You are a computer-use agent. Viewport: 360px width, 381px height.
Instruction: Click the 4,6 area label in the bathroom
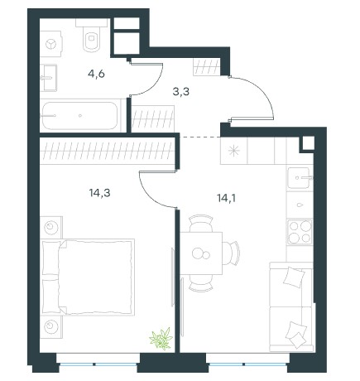click(x=96, y=75)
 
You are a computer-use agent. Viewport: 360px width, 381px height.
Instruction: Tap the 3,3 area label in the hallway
click(x=181, y=91)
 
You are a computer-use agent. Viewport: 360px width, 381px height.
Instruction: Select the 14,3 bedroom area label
click(x=99, y=193)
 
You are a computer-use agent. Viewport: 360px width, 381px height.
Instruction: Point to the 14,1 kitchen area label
click(x=226, y=198)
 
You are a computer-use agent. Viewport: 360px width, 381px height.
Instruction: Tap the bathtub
click(x=79, y=116)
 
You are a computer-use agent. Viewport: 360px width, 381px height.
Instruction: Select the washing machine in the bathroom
click(x=50, y=44)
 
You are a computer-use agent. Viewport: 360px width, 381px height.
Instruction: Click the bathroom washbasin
click(x=49, y=78)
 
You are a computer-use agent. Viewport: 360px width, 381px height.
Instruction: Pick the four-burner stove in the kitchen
click(x=300, y=232)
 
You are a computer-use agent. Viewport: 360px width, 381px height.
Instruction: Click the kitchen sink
click(x=299, y=178)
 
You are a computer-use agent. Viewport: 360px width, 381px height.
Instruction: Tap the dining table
click(x=201, y=253)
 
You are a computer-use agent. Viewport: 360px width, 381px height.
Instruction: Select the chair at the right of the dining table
click(x=231, y=253)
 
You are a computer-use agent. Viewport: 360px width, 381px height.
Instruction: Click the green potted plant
click(x=161, y=339)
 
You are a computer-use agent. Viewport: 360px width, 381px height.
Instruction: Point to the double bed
click(x=88, y=277)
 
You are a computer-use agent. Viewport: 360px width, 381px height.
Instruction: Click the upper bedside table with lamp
click(x=51, y=228)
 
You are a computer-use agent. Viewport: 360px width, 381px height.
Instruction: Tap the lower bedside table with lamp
click(x=51, y=327)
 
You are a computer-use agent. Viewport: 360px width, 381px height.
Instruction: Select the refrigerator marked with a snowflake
click(x=233, y=151)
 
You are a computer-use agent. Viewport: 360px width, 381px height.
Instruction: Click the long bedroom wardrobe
click(x=108, y=152)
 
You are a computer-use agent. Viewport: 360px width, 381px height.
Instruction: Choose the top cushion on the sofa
click(x=294, y=277)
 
